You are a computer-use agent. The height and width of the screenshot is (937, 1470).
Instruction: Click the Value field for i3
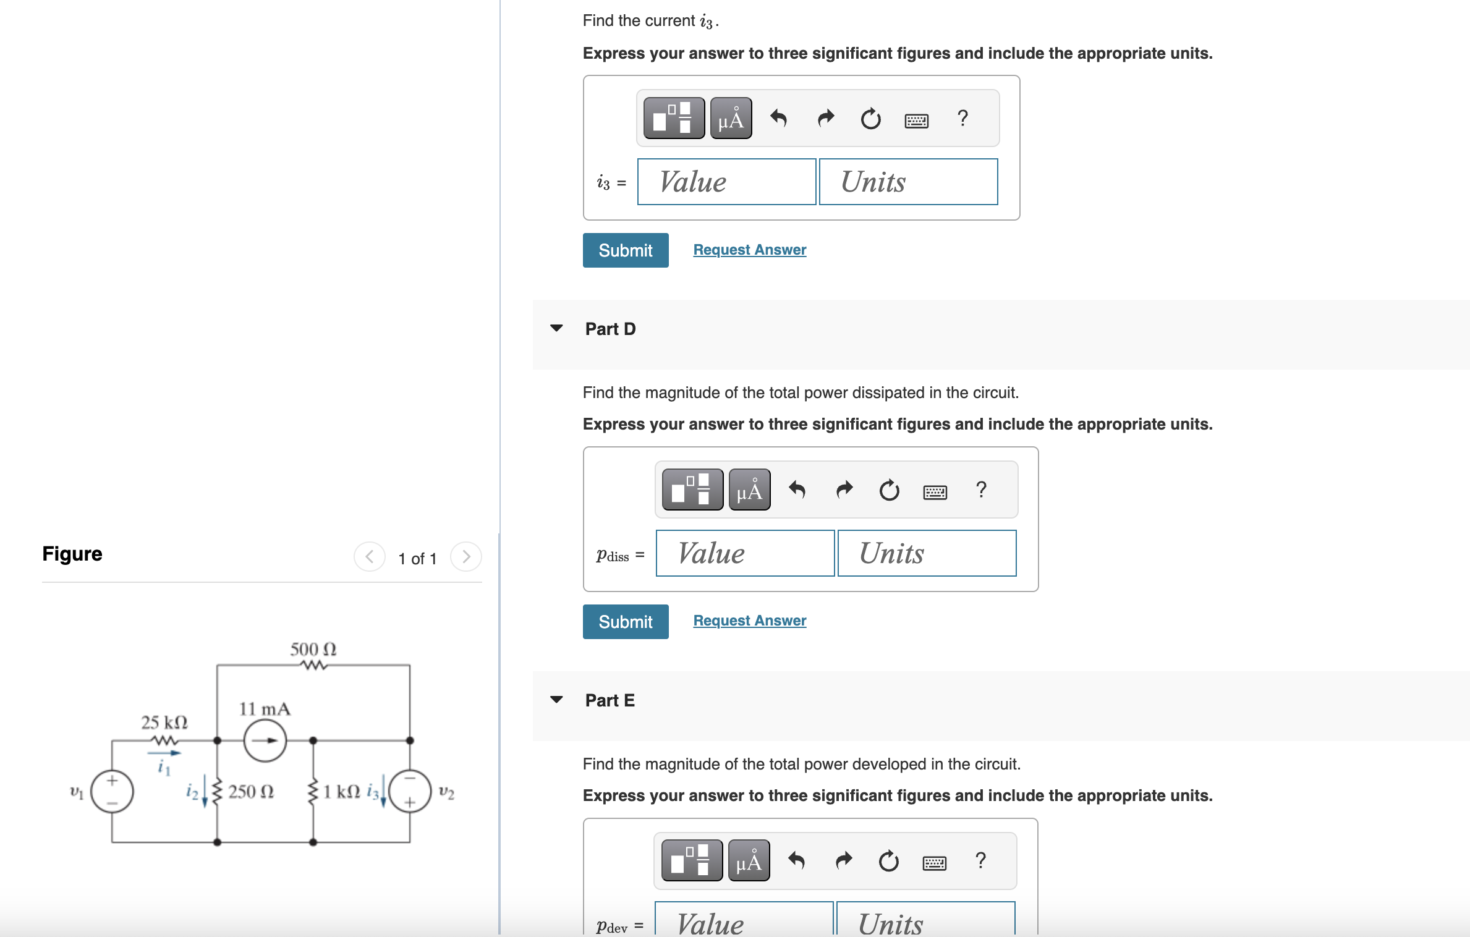tap(726, 182)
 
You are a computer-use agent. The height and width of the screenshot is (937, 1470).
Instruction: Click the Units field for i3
tap(908, 182)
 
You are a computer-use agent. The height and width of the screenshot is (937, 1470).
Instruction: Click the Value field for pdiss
tap(745, 553)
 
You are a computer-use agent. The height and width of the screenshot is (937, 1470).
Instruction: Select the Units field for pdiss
tap(927, 553)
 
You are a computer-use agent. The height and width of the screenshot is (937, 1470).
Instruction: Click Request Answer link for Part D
tap(749, 621)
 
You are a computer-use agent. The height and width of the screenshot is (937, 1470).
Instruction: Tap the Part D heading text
tap(610, 329)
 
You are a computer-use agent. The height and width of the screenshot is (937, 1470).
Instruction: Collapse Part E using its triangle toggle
tap(556, 700)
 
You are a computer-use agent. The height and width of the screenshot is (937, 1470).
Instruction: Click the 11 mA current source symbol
tap(265, 740)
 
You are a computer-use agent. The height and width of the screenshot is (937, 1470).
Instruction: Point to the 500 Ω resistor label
tap(313, 649)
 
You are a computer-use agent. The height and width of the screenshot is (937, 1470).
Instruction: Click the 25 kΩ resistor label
tap(164, 722)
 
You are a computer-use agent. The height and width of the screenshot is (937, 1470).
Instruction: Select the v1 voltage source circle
tap(112, 791)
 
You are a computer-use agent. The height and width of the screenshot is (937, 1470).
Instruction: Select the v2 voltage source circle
tap(409, 791)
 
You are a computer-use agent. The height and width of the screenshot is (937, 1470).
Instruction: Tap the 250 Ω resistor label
tap(251, 792)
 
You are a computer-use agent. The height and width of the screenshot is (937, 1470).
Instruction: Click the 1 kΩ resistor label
tap(341, 792)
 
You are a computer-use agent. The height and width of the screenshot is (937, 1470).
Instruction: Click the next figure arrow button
tap(466, 557)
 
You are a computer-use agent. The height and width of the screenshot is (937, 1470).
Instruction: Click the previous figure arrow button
tap(370, 557)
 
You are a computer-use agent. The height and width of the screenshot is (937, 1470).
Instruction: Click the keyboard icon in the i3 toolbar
tap(916, 120)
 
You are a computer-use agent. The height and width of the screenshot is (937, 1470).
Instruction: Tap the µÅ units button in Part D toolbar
tap(749, 490)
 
